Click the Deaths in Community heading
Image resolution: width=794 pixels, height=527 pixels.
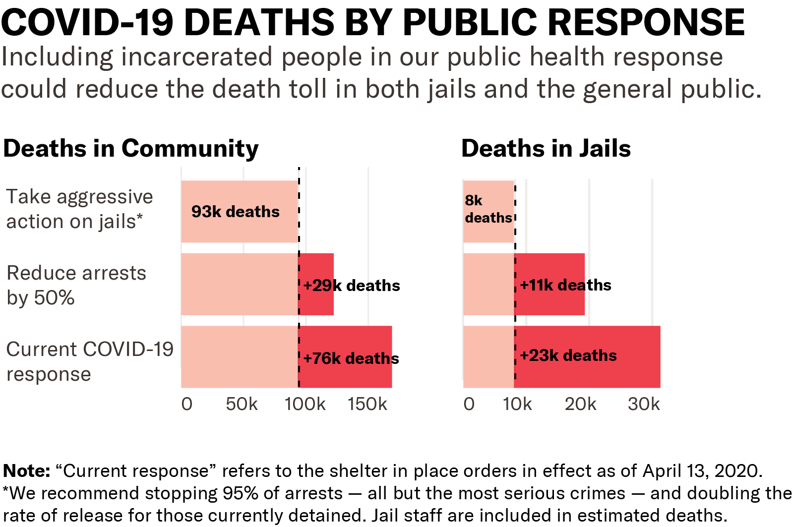pos(130,149)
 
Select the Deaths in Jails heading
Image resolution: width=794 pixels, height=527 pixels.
pos(546,149)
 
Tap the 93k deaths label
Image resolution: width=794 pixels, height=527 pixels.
pos(236,212)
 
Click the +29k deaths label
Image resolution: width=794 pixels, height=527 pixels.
pos(352,286)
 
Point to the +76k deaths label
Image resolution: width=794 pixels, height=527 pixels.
pos(351,358)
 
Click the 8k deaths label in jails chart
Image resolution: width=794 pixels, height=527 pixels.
pos(488,209)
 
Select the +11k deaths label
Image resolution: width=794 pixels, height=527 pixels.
pos(565,285)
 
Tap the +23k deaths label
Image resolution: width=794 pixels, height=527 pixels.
pos(568,355)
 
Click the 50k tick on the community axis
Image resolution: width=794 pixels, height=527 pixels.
pos(242,404)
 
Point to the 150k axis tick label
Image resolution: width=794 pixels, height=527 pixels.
pos(367,404)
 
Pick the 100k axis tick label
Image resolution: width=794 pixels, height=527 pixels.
pos(305,404)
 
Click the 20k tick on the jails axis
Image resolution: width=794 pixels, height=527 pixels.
pos(580,404)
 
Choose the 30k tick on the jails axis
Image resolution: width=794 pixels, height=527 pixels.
pos(644,404)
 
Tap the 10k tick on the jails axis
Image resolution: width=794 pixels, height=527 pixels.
pos(517,404)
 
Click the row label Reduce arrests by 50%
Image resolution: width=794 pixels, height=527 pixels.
pos(76,286)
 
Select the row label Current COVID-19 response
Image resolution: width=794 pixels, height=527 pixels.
pos(90,362)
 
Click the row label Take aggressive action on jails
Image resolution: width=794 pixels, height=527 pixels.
pos(79,209)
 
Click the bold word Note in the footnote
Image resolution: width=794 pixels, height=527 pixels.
pos(26,470)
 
